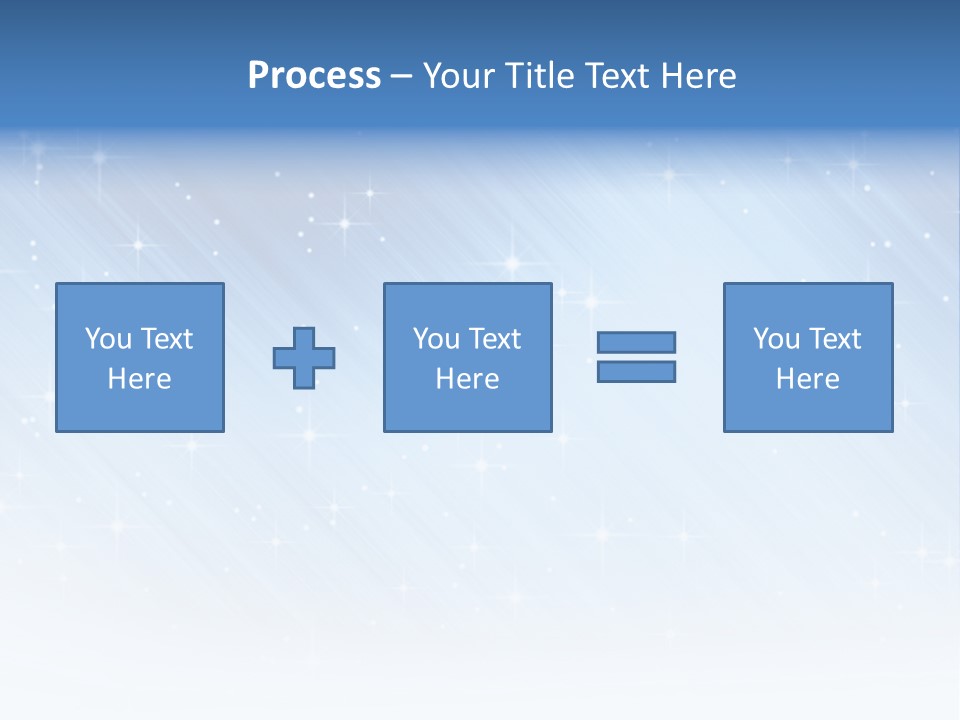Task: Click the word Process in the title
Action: [x=314, y=76]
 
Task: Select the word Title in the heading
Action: [x=538, y=76]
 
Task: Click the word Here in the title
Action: [x=699, y=76]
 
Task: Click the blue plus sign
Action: [x=304, y=358]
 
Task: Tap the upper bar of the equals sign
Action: [x=636, y=342]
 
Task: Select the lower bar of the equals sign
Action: [x=636, y=371]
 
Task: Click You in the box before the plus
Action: [x=108, y=339]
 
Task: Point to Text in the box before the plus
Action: [x=166, y=339]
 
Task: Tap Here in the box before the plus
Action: [x=139, y=379]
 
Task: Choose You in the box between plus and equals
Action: [x=436, y=339]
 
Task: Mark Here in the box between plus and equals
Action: [x=467, y=379]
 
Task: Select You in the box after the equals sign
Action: [x=776, y=339]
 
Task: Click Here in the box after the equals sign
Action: [x=807, y=379]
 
